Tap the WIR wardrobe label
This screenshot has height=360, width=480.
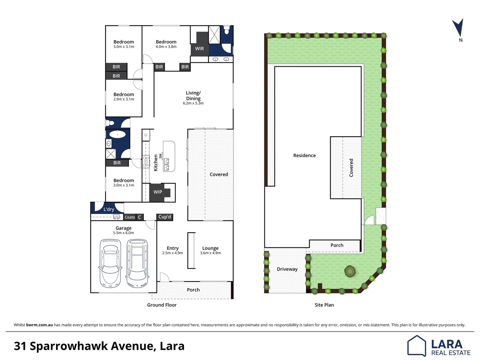[199, 49]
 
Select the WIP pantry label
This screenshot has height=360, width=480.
[158, 192]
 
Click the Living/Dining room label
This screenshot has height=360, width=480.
[193, 96]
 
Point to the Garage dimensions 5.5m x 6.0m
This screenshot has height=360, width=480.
[124, 233]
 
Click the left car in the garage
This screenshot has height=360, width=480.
[110, 263]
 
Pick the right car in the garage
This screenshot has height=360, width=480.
[137, 263]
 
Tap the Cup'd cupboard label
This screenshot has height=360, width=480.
[165, 217]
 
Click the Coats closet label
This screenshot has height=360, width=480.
[130, 217]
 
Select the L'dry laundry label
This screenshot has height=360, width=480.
[109, 209]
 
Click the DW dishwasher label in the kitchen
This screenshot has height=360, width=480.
[160, 156]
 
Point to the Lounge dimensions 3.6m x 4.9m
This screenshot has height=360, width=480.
[210, 253]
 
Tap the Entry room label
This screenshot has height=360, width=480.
[173, 248]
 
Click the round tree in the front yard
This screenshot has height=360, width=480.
[350, 271]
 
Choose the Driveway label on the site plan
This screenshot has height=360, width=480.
[287, 269]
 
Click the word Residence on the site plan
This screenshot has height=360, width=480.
[304, 155]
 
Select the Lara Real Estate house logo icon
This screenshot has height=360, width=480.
[416, 346]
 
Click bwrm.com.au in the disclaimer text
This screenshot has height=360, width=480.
[39, 325]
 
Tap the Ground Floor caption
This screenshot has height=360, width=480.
[162, 305]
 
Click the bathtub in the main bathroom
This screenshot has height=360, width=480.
[117, 134]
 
